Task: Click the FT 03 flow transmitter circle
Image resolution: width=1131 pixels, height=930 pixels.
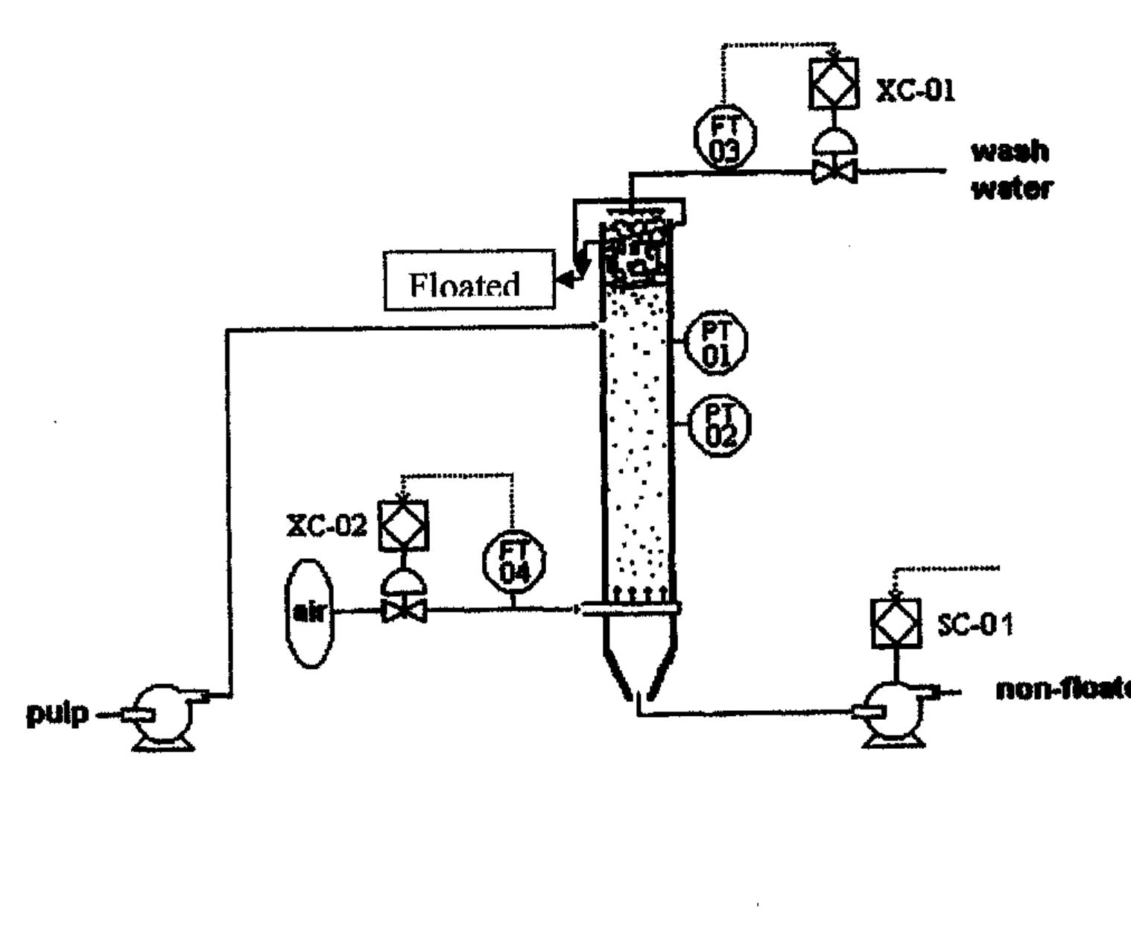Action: (724, 136)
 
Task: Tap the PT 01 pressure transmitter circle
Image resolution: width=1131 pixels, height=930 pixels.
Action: (715, 344)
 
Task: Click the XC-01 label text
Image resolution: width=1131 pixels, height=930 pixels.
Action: (915, 90)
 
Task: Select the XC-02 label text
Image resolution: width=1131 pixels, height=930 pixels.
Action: (327, 525)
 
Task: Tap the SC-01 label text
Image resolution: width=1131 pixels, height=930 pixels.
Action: (975, 624)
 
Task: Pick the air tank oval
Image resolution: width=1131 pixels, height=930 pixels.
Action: (309, 613)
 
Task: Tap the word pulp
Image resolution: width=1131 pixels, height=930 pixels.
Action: (57, 713)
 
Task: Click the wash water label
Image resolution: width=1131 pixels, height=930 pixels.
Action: (1011, 170)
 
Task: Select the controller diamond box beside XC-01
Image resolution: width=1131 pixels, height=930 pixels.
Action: (833, 83)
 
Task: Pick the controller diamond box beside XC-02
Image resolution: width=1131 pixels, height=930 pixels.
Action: (403, 525)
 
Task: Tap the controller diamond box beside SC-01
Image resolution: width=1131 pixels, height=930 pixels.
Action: (896, 623)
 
